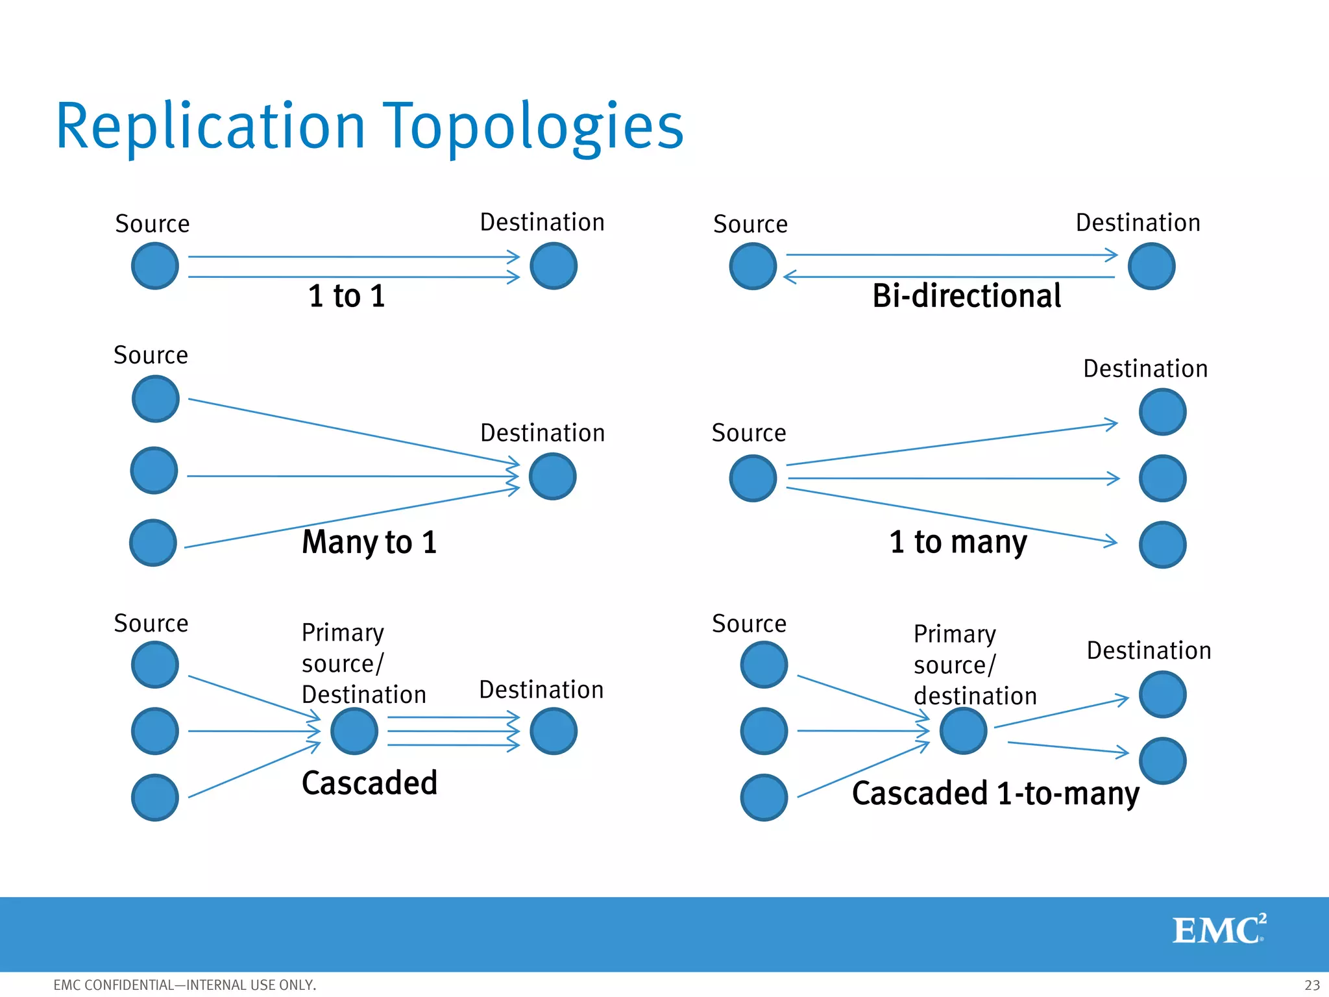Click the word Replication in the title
click(x=210, y=127)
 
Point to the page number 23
click(x=1311, y=985)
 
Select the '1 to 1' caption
click(x=347, y=296)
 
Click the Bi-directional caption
click(x=966, y=296)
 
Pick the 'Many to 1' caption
click(x=369, y=542)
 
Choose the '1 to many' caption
click(x=958, y=542)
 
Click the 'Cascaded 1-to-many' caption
click(x=995, y=793)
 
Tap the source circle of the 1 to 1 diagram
click(x=155, y=266)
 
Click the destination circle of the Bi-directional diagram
click(x=1151, y=266)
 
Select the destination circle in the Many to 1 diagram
click(x=553, y=476)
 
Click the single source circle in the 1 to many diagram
click(x=753, y=478)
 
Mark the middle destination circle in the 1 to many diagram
click(x=1162, y=478)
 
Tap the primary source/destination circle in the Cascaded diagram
click(x=354, y=731)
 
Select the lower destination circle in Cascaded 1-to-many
click(x=1162, y=761)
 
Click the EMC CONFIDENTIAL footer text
click(x=184, y=985)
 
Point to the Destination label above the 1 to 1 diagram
click(x=542, y=223)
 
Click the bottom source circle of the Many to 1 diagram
click(x=153, y=543)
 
